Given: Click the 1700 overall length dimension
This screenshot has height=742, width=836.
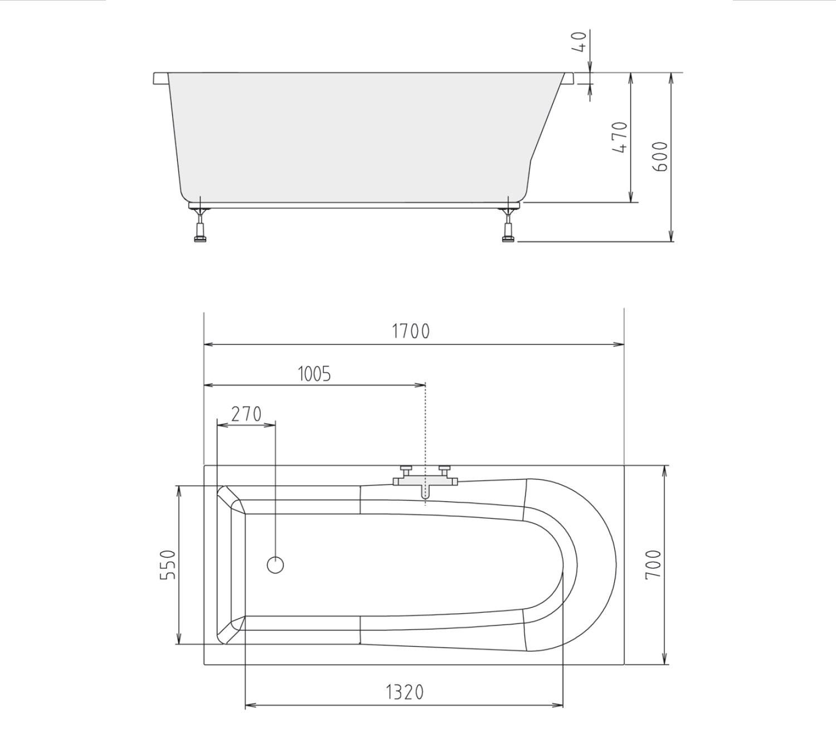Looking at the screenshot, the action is (x=411, y=331).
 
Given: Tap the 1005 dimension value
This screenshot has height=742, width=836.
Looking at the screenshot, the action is (x=314, y=374).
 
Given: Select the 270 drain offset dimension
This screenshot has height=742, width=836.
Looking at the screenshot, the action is (x=246, y=414).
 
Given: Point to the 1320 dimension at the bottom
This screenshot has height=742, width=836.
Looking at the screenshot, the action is (x=405, y=692).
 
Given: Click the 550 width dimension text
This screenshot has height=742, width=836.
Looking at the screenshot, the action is (x=168, y=565).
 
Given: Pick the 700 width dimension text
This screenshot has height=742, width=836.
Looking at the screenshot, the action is (x=653, y=565).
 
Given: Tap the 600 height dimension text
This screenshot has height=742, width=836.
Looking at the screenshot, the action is (x=660, y=157).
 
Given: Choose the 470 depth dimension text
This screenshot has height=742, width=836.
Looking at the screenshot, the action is (x=620, y=138).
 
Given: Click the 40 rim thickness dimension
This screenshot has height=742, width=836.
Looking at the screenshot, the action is (x=579, y=42).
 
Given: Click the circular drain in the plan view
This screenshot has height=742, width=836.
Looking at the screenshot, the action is (x=276, y=565).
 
